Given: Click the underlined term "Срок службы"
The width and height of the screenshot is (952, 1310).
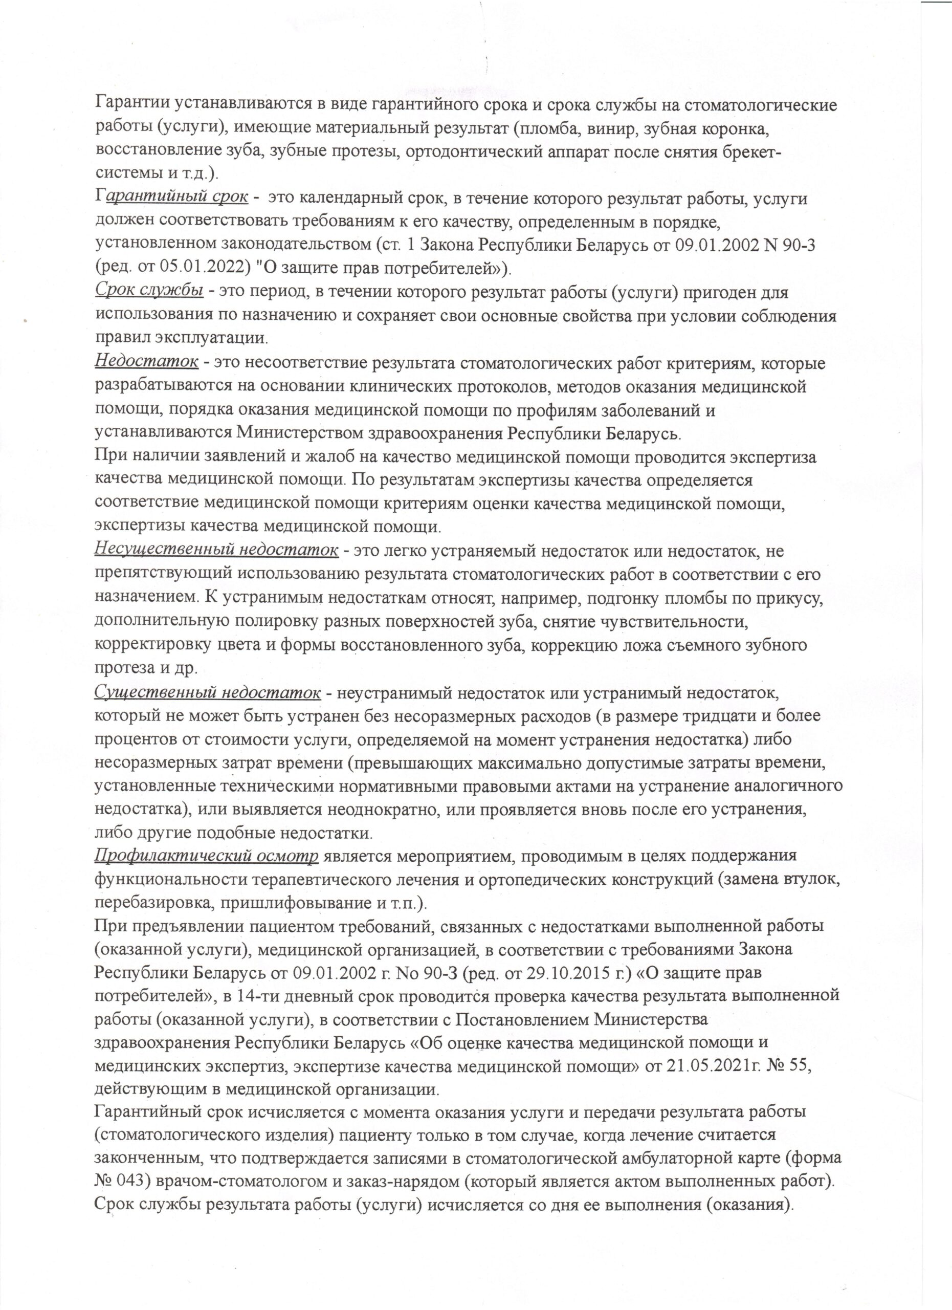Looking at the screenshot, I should (149, 292).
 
